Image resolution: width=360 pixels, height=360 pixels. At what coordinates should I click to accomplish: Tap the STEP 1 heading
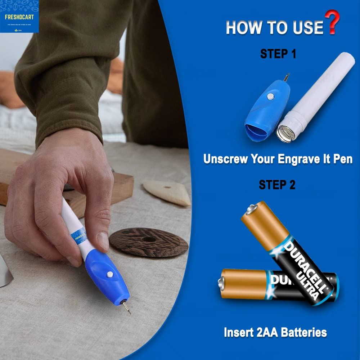point(278,54)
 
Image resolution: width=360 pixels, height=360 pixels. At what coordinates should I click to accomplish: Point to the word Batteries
point(304,332)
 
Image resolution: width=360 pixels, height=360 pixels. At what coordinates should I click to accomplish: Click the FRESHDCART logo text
point(19,17)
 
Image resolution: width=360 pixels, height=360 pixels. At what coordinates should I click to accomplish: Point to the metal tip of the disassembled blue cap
point(286,77)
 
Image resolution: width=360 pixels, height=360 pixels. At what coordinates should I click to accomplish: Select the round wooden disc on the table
point(149,242)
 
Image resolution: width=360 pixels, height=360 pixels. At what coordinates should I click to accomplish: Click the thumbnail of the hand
point(103,241)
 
